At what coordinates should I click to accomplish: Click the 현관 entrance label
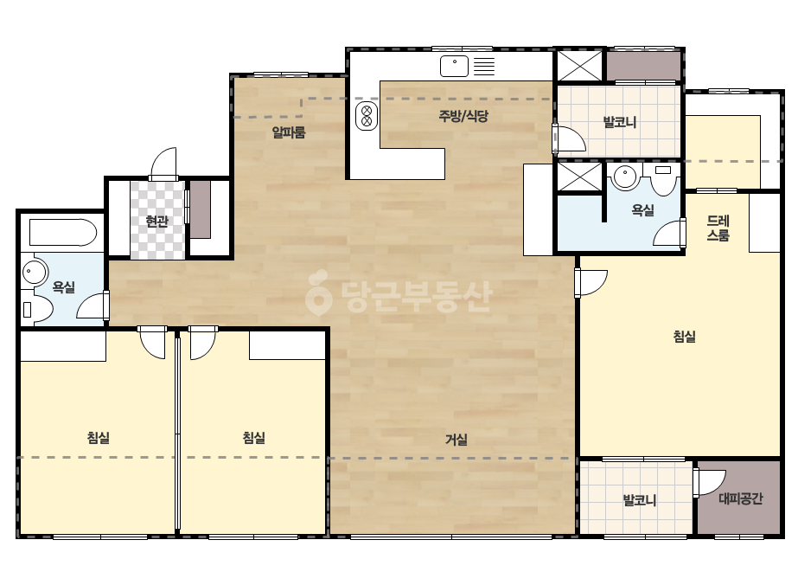[x=156, y=222]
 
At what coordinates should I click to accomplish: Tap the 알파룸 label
[x=289, y=132]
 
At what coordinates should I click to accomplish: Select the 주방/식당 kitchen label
[x=463, y=116]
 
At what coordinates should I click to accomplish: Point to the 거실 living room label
[x=456, y=440]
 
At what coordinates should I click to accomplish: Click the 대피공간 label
[x=740, y=498]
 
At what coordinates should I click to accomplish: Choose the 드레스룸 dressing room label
[x=718, y=228]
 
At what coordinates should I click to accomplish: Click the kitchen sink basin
[x=454, y=67]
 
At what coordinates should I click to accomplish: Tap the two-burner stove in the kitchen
[x=367, y=116]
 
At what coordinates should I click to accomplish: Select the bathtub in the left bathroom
[x=63, y=233]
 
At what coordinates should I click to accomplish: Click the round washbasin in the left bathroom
[x=34, y=271]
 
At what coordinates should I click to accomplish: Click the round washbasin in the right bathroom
[x=625, y=177]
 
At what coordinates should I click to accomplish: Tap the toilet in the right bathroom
[x=663, y=179]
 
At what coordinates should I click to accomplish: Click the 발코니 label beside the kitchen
[x=619, y=122]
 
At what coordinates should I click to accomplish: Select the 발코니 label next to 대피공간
[x=640, y=500]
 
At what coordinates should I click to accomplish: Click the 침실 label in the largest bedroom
[x=684, y=337]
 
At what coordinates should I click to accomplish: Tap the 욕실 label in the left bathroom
[x=64, y=287]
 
